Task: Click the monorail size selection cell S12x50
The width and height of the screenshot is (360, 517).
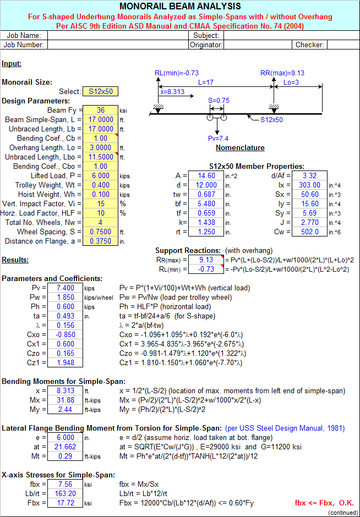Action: pyautogui.click(x=100, y=91)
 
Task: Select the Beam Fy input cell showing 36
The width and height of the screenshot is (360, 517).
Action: pyautogui.click(x=100, y=110)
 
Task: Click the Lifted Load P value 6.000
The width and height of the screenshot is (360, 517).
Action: pyautogui.click(x=100, y=176)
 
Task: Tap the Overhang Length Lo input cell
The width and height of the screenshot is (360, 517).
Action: pyautogui.click(x=100, y=148)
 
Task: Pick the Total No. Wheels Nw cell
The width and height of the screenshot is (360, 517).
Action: pyautogui.click(x=100, y=223)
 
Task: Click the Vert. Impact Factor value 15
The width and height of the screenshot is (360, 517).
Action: pyautogui.click(x=100, y=204)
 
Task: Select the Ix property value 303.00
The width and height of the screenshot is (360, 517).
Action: pyautogui.click(x=309, y=185)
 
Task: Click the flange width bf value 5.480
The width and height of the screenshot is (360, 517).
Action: pyautogui.click(x=206, y=204)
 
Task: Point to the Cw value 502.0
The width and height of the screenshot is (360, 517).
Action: pyautogui.click(x=309, y=232)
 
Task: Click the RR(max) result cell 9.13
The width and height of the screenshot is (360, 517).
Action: pyautogui.click(x=206, y=260)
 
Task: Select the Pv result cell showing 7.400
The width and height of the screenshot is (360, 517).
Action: pyautogui.click(x=65, y=288)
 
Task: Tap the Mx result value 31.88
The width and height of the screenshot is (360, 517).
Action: pyautogui.click(x=65, y=400)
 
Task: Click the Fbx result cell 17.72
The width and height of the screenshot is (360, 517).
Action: pyautogui.click(x=65, y=503)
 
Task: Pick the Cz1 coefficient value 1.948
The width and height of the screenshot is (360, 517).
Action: pyautogui.click(x=65, y=362)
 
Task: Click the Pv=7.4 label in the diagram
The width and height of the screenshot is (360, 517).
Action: pyautogui.click(x=218, y=139)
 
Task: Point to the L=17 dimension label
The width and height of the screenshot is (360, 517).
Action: pyautogui.click(x=206, y=82)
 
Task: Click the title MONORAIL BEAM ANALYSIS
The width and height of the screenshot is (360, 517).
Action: pyautogui.click(x=180, y=6)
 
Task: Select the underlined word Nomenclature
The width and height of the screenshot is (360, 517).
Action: pyautogui.click(x=240, y=148)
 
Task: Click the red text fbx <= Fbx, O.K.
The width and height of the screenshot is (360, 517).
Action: pyautogui.click(x=324, y=503)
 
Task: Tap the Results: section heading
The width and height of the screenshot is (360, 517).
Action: pyautogui.click(x=15, y=260)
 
